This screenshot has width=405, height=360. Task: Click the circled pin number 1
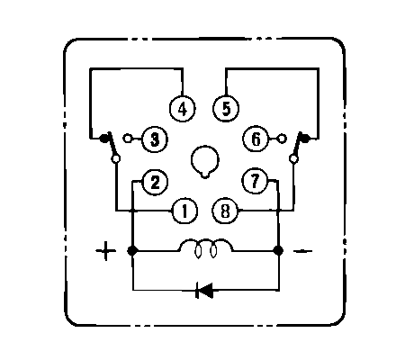(x=184, y=211)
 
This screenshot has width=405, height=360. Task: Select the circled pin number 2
(x=155, y=182)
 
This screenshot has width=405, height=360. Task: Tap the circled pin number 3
(x=155, y=139)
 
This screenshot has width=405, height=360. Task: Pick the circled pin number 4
(x=183, y=109)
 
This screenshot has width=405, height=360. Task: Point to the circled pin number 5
(x=226, y=109)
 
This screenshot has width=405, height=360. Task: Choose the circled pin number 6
(x=256, y=139)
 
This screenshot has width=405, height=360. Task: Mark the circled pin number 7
(x=255, y=181)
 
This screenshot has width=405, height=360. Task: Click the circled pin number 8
(x=225, y=211)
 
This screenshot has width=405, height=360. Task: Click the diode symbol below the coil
(x=204, y=290)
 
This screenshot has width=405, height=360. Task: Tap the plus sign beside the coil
(x=105, y=250)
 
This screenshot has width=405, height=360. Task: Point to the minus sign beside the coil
(x=302, y=251)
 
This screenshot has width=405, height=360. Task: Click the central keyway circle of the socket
(x=205, y=161)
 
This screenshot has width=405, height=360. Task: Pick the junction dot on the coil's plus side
(x=132, y=250)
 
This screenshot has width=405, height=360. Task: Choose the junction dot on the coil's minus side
(x=279, y=250)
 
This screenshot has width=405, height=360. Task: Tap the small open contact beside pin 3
(x=128, y=139)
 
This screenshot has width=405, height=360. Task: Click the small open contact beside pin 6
(x=282, y=139)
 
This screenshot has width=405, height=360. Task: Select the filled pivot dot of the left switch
(x=104, y=139)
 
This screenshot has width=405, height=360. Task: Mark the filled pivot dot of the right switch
(x=305, y=138)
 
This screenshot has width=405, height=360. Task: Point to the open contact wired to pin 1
(x=116, y=158)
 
